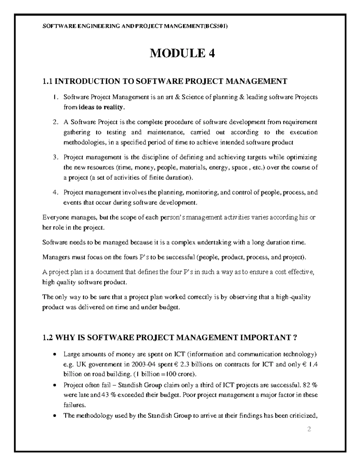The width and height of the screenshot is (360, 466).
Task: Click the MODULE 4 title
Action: point(182,54)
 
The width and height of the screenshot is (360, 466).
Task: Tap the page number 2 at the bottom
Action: point(309,429)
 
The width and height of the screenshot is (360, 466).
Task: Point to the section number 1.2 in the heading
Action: point(48,338)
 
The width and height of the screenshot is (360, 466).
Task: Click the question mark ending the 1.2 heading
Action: point(295,338)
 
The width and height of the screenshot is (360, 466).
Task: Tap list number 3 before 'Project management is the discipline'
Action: point(54,158)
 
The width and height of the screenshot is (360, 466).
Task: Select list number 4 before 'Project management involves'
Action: point(54,193)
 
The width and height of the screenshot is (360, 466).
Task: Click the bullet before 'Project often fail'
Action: point(54,385)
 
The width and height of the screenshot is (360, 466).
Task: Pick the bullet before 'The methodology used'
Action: point(54,416)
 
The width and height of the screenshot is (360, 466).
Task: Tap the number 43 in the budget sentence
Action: point(105,395)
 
